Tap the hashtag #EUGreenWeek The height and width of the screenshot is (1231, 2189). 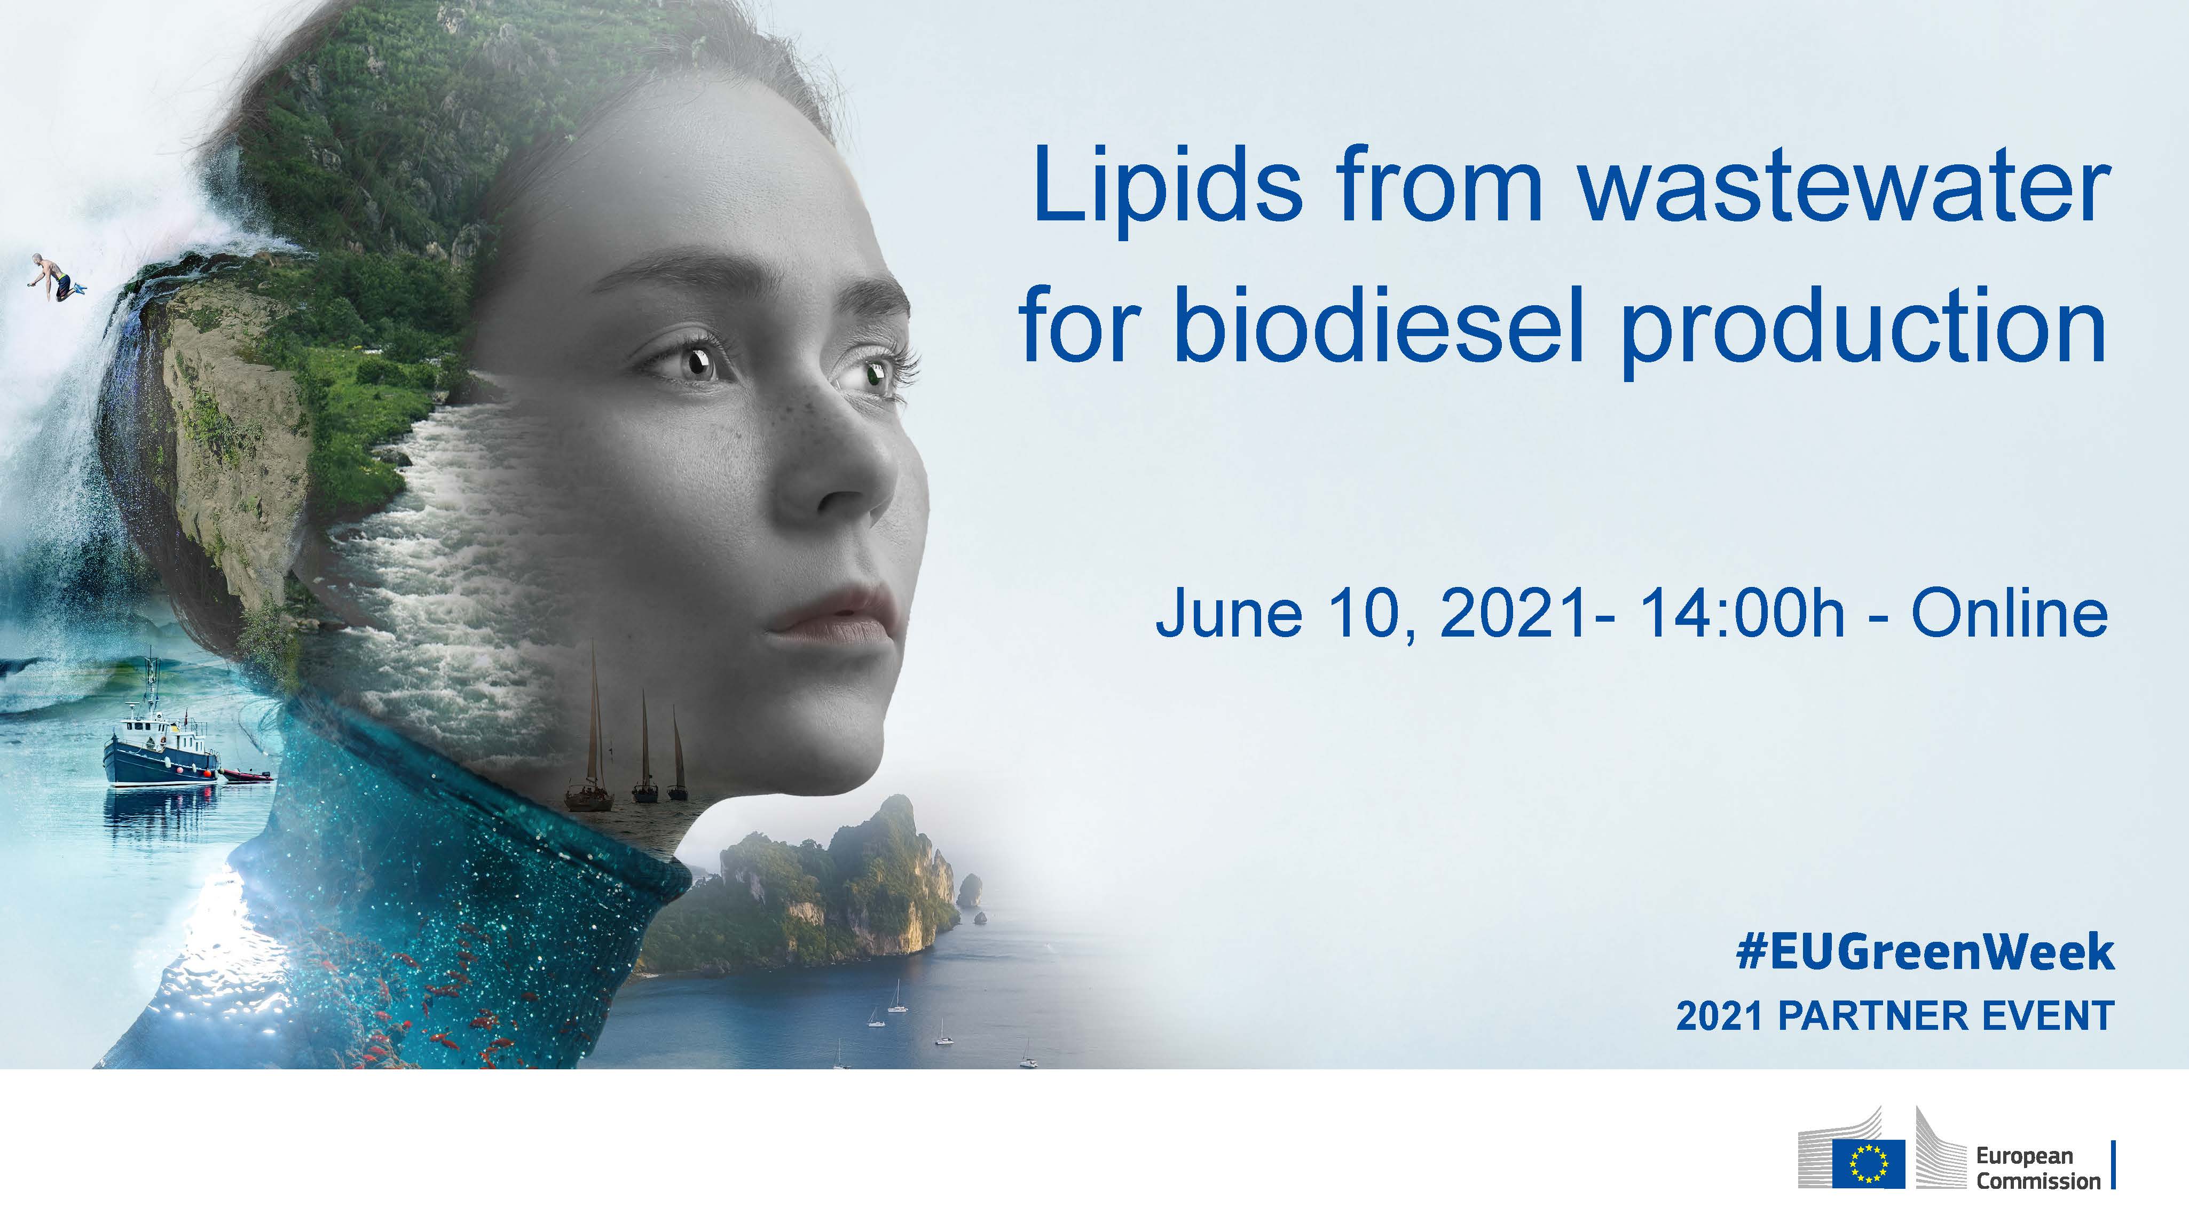coord(1925,951)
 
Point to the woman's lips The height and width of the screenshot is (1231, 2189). coord(833,614)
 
